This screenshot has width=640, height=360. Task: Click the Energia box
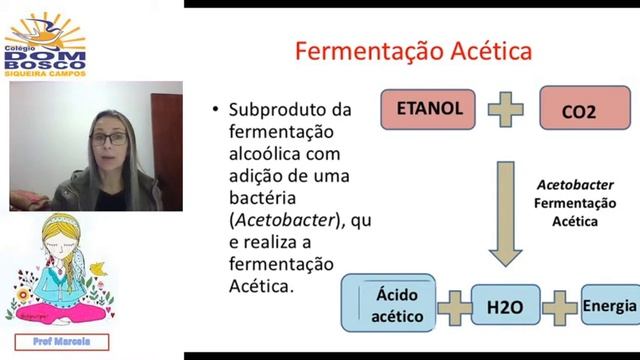coord(609,304)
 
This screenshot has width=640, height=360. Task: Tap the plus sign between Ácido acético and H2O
coord(455,306)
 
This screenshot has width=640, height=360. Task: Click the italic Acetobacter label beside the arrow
coord(567,186)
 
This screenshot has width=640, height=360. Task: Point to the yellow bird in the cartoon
coord(96,268)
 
